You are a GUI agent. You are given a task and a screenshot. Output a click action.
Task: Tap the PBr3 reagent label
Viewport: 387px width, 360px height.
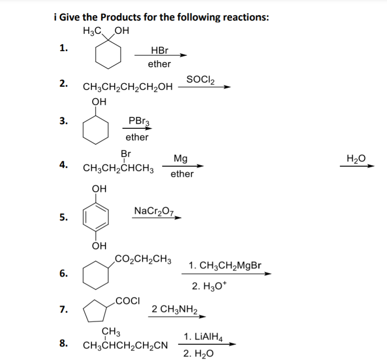coord(137,121)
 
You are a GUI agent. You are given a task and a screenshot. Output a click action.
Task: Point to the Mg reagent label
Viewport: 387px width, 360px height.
coord(181,158)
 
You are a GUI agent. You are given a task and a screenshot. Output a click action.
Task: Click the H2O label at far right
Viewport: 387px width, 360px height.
coord(356,158)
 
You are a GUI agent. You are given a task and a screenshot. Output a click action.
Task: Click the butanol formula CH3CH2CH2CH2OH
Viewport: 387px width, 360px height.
coord(128,87)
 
